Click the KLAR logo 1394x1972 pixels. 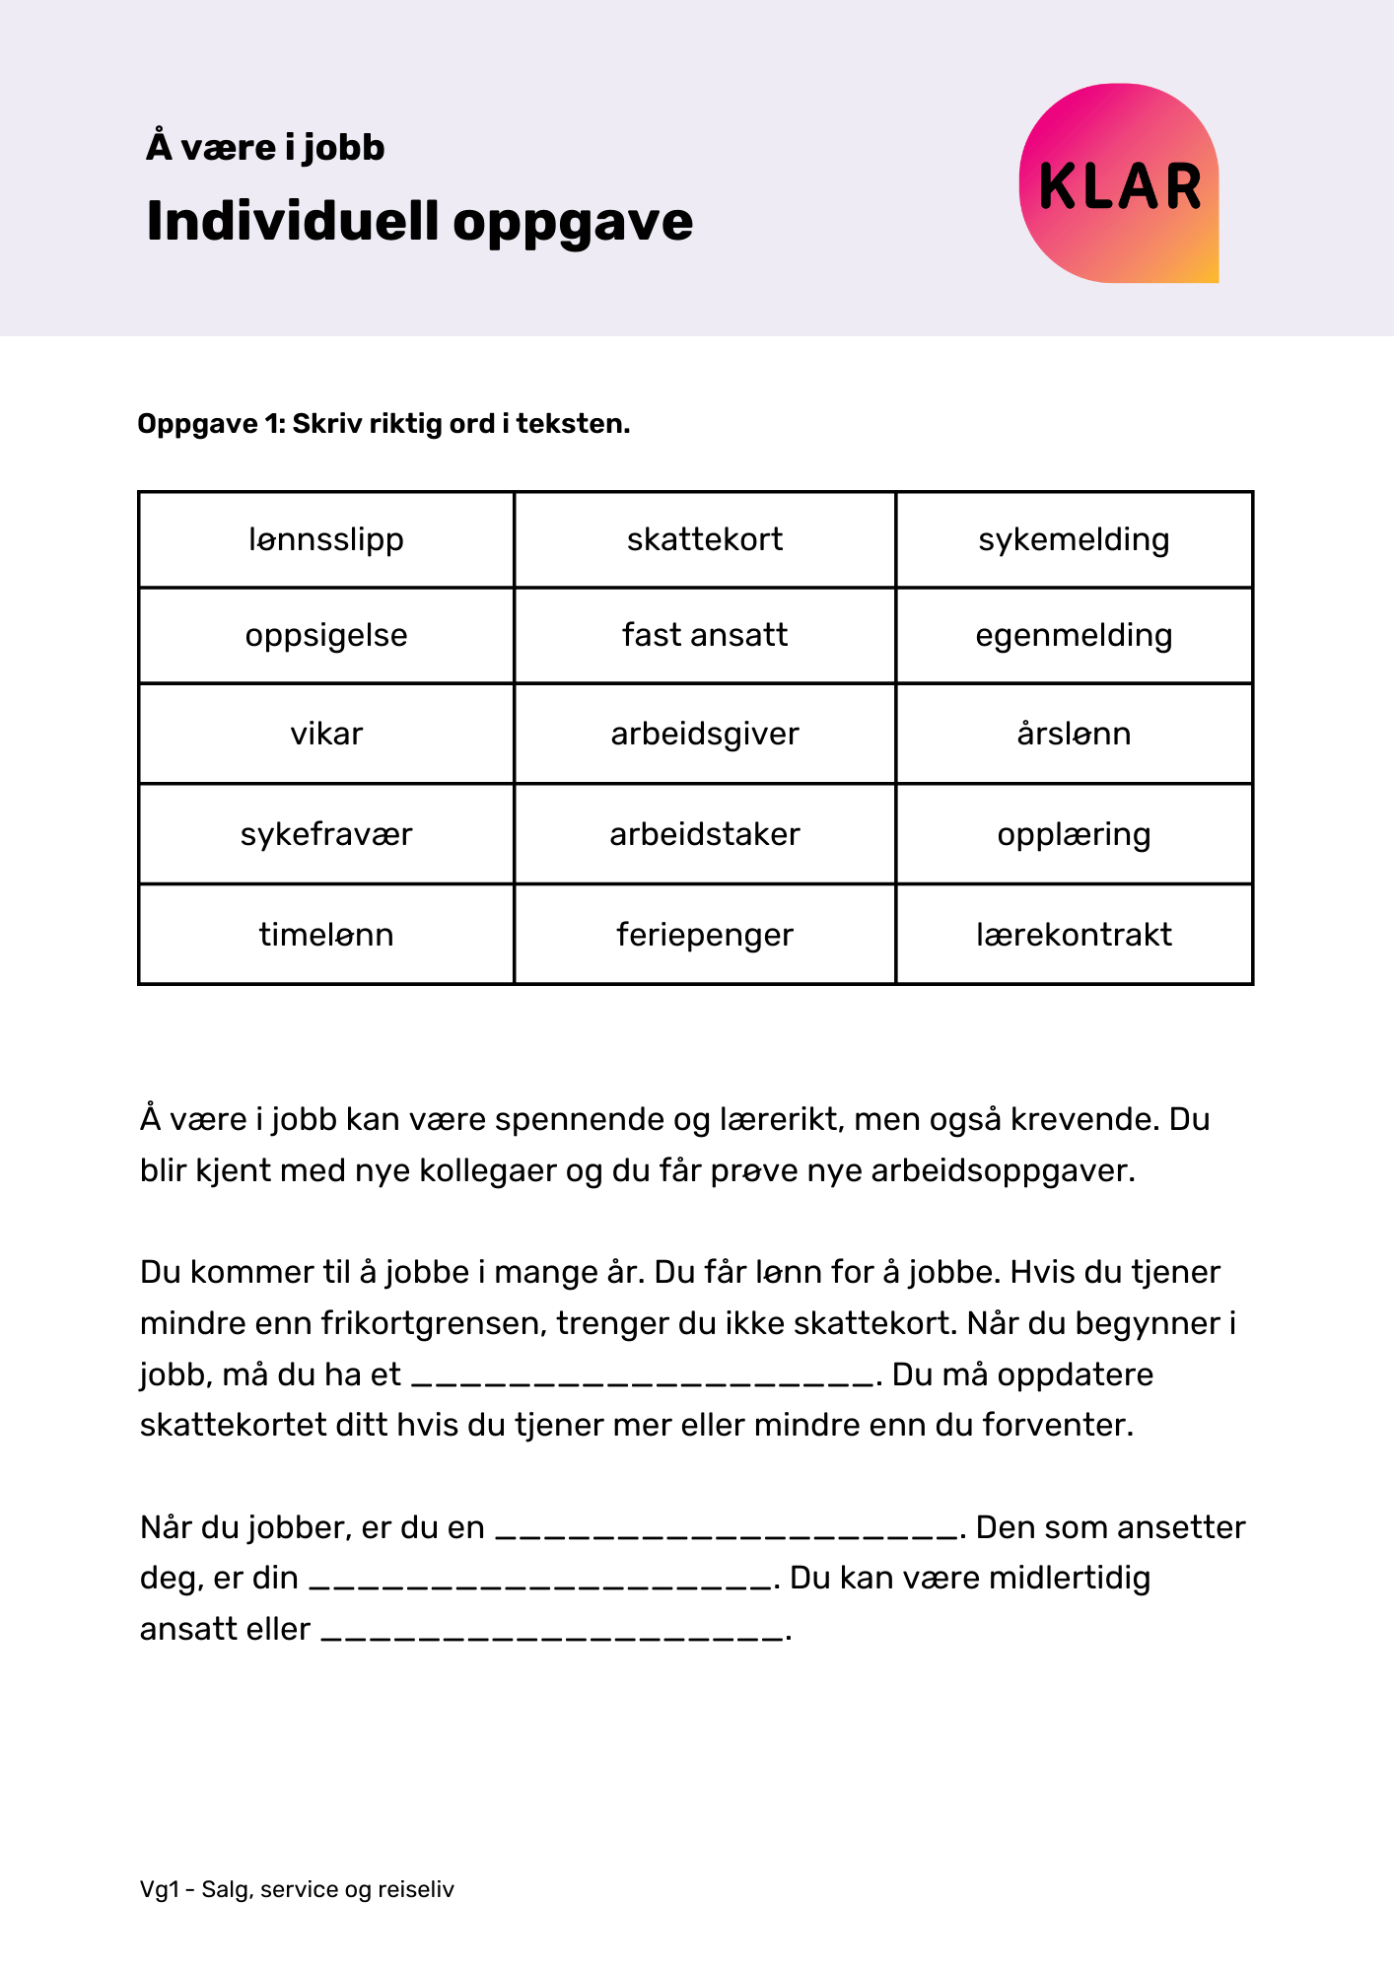1119,184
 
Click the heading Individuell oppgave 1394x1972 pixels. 419,221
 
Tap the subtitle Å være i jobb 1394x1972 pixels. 265,148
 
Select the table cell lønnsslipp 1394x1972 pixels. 326,539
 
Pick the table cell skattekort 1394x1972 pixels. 705,539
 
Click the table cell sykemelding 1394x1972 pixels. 1074,539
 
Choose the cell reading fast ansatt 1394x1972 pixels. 705,635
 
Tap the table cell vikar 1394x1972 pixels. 326,734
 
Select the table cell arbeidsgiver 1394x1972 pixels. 705,734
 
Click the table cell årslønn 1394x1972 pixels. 1074,734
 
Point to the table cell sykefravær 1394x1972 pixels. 326,834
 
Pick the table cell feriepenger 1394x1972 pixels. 705,934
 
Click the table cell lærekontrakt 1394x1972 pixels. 1074,934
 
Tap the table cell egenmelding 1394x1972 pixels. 1074,635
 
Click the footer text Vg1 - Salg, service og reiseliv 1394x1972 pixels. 297,1889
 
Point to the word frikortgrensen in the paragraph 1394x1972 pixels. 434,1323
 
